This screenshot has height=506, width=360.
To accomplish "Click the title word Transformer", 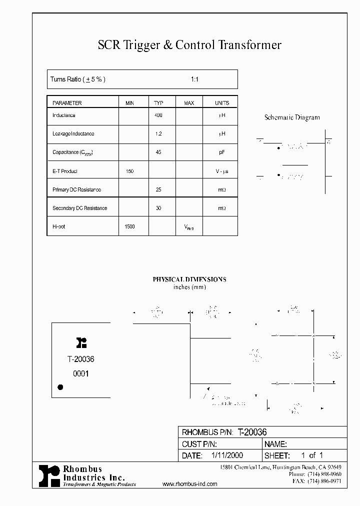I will click(x=249, y=45).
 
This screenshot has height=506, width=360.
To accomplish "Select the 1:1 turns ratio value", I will click(x=194, y=79).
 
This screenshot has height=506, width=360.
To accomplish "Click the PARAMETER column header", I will click(x=67, y=103).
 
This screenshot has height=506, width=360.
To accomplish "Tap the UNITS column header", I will click(x=222, y=103).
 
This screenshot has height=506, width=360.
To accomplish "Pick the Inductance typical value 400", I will click(x=158, y=115).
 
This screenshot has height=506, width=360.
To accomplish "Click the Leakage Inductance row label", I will click(x=73, y=134).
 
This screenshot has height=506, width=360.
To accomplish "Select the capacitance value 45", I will click(x=158, y=152).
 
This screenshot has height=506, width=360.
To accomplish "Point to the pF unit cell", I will click(x=222, y=152).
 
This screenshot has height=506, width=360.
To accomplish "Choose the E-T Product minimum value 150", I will click(x=129, y=171).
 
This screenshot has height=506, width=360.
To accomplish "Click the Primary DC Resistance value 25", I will click(x=158, y=189).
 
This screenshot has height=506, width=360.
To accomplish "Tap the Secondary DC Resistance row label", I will click(x=79, y=208).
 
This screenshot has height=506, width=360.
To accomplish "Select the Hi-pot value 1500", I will click(x=129, y=226).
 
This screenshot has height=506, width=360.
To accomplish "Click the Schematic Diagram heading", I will click(x=292, y=117).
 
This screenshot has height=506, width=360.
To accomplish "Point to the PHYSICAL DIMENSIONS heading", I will click(x=189, y=279).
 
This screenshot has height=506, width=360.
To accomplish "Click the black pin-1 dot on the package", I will click(x=60, y=386).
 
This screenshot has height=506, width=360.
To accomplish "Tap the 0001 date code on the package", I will click(x=80, y=373).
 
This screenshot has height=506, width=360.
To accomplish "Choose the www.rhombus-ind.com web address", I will click(x=190, y=484).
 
